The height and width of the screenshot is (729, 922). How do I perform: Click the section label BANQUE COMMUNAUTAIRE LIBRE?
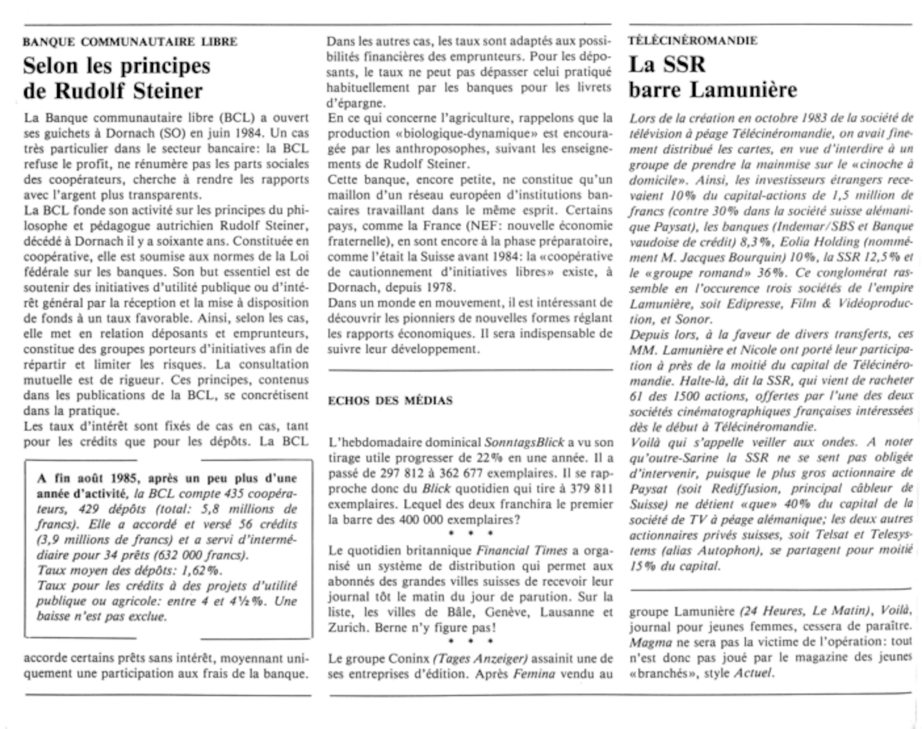click(130, 42)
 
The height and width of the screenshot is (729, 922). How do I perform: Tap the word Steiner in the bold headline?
click(168, 91)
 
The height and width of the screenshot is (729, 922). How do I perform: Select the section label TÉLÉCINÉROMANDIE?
click(692, 41)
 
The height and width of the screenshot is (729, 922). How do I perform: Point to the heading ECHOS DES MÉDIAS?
click(390, 401)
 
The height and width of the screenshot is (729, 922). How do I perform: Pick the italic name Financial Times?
click(521, 551)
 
